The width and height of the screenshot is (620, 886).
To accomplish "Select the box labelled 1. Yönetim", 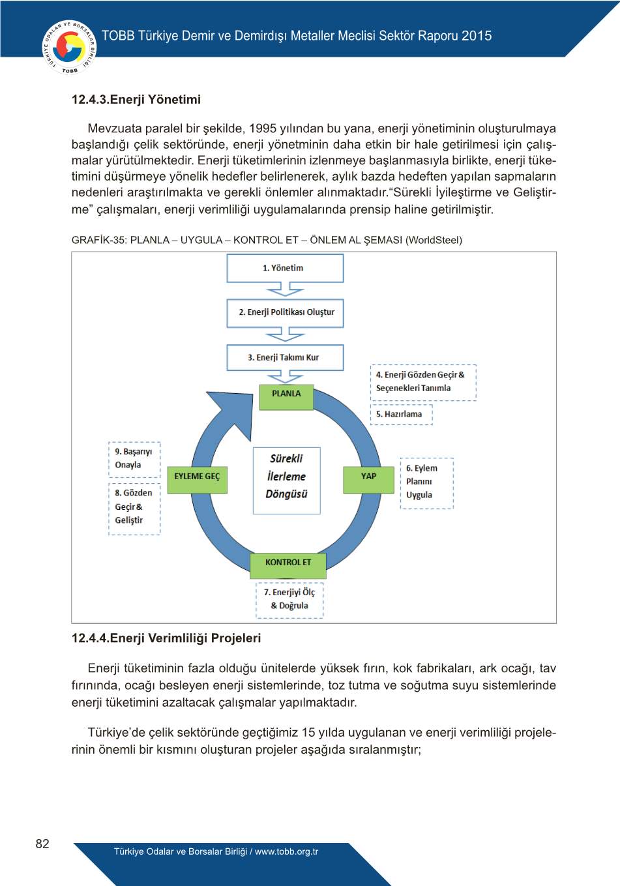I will pyautogui.click(x=285, y=268).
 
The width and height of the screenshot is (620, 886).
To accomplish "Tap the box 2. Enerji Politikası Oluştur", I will pyautogui.click(x=285, y=312).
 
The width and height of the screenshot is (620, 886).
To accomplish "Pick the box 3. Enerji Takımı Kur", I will pyautogui.click(x=285, y=357).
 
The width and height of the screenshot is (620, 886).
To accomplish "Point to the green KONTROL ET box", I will pyautogui.click(x=288, y=563).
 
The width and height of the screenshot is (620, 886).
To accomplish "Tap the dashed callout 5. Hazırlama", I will pyautogui.click(x=401, y=415).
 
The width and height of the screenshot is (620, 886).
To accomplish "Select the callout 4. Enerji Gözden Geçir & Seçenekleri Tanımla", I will pyautogui.click(x=422, y=382).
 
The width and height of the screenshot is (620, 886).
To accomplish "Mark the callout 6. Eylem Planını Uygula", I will pyautogui.click(x=426, y=482).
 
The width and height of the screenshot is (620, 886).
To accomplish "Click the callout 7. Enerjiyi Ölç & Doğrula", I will pyautogui.click(x=289, y=599).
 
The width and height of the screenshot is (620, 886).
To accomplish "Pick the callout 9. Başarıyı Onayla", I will pyautogui.click(x=134, y=459).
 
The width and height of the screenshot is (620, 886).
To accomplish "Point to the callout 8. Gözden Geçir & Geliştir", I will pyautogui.click(x=134, y=508).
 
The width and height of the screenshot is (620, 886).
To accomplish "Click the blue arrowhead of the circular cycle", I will pyautogui.click(x=231, y=412).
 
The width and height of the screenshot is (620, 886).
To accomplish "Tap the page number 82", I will pyautogui.click(x=42, y=844).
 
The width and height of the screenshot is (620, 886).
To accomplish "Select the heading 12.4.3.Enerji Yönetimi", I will pyautogui.click(x=136, y=100).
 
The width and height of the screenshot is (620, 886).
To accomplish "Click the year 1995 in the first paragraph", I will pyautogui.click(x=263, y=128).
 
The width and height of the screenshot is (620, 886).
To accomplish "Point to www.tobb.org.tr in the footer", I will pyautogui.click(x=286, y=851).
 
